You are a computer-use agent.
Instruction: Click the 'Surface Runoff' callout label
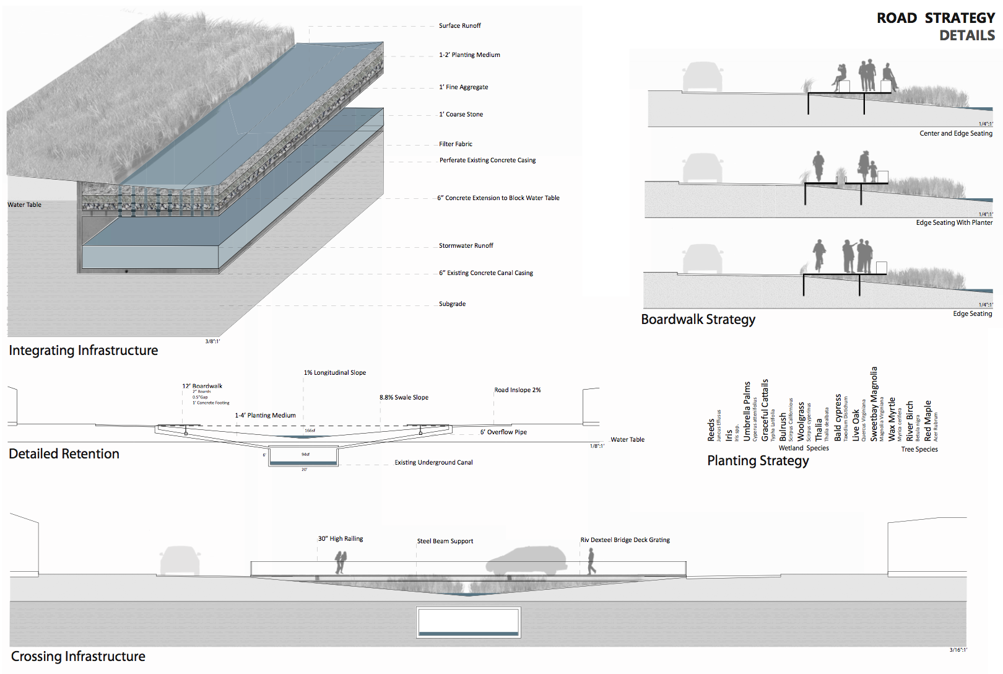[x=459, y=26]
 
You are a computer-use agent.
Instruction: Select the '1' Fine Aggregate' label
[x=464, y=87]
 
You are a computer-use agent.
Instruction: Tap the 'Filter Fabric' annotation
[x=456, y=144]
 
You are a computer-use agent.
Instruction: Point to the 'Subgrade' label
[x=452, y=304]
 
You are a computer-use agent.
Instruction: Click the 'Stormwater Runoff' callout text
[x=466, y=246]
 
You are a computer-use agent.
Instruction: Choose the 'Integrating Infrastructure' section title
[x=84, y=351]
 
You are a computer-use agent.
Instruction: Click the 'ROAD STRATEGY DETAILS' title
[x=936, y=27]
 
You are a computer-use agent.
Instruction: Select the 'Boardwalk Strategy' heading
[x=698, y=320]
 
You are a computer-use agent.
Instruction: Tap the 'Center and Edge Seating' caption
[x=955, y=134]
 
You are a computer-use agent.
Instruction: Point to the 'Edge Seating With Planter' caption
[x=954, y=223]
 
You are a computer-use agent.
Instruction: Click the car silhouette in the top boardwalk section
[x=703, y=77]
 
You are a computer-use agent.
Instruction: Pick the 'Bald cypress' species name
[x=838, y=418]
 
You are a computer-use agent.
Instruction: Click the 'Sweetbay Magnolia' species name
[x=874, y=404]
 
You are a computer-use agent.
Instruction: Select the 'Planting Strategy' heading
[x=758, y=461]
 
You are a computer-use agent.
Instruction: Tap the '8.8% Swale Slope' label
[x=404, y=398]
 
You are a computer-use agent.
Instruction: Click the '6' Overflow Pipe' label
[x=503, y=432]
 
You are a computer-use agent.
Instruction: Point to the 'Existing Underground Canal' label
[x=433, y=463]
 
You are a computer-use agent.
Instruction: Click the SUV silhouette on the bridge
[x=526, y=560]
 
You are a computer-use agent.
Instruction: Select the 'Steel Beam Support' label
[x=445, y=541]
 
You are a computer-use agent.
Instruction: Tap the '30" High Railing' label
[x=341, y=539]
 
